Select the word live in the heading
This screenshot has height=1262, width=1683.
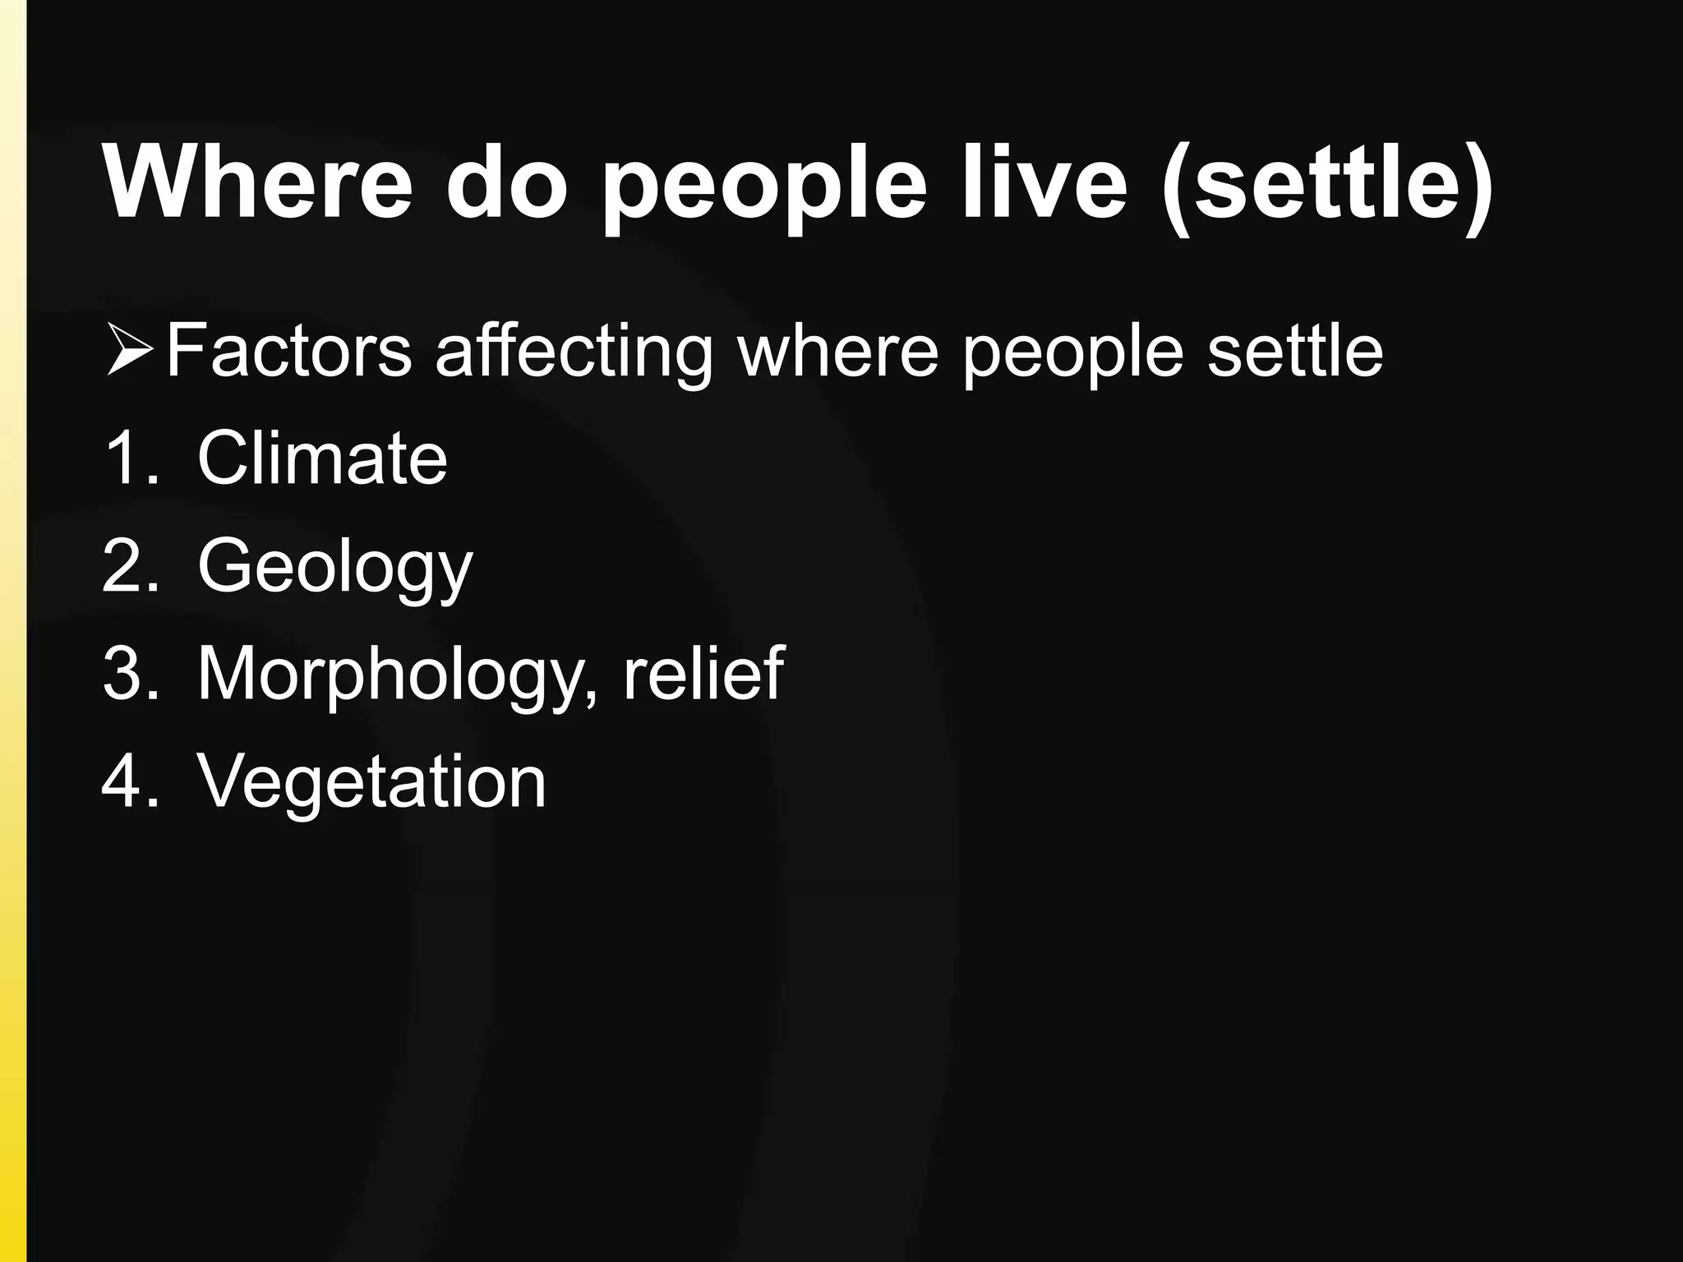point(1044,182)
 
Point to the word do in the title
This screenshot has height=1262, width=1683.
point(506,182)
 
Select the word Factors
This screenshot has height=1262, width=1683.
point(288,352)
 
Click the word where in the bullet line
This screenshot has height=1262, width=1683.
point(837,352)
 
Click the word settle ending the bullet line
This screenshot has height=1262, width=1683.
point(1295,352)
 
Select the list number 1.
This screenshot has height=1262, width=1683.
point(128,458)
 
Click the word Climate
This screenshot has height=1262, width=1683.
point(322,458)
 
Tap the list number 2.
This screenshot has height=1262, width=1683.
point(128,566)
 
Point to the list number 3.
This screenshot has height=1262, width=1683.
point(128,674)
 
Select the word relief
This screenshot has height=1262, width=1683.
point(703,674)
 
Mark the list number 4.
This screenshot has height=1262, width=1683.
point(128,781)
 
